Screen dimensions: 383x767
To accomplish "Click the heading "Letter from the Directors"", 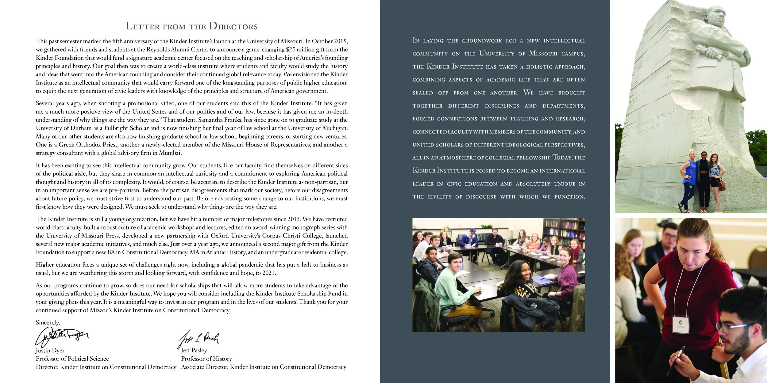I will pyautogui.click(x=191, y=26).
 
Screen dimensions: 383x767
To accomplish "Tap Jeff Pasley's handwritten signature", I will pyautogui.click(x=198, y=339).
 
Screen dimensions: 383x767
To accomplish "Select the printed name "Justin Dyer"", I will pyautogui.click(x=50, y=350).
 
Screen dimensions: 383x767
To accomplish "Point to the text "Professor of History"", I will pyautogui.click(x=206, y=358).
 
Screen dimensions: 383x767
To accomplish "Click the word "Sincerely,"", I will pyautogui.click(x=48, y=322).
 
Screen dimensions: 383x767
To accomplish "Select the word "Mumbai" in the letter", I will pyautogui.click(x=170, y=153).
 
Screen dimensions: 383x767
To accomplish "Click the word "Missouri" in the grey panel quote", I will pyautogui.click(x=543, y=53).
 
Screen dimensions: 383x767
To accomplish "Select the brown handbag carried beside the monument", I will pyautogui.click(x=722, y=185).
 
